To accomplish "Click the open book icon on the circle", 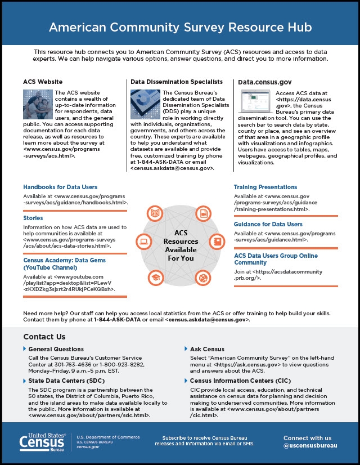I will pos(155,213).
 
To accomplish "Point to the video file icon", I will pos(202,213).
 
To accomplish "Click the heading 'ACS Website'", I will pos(43,82).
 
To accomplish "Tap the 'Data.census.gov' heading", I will pos(264,82).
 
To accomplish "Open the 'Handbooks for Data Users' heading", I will pos(60,187).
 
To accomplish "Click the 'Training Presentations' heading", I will pos(265,187).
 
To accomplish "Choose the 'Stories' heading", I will pos(33,218).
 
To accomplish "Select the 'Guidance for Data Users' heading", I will pos(268,224).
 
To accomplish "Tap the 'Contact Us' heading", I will pos(44,337).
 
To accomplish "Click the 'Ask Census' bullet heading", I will pos(208,350).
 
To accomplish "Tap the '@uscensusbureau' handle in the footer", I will pos(311,446).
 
